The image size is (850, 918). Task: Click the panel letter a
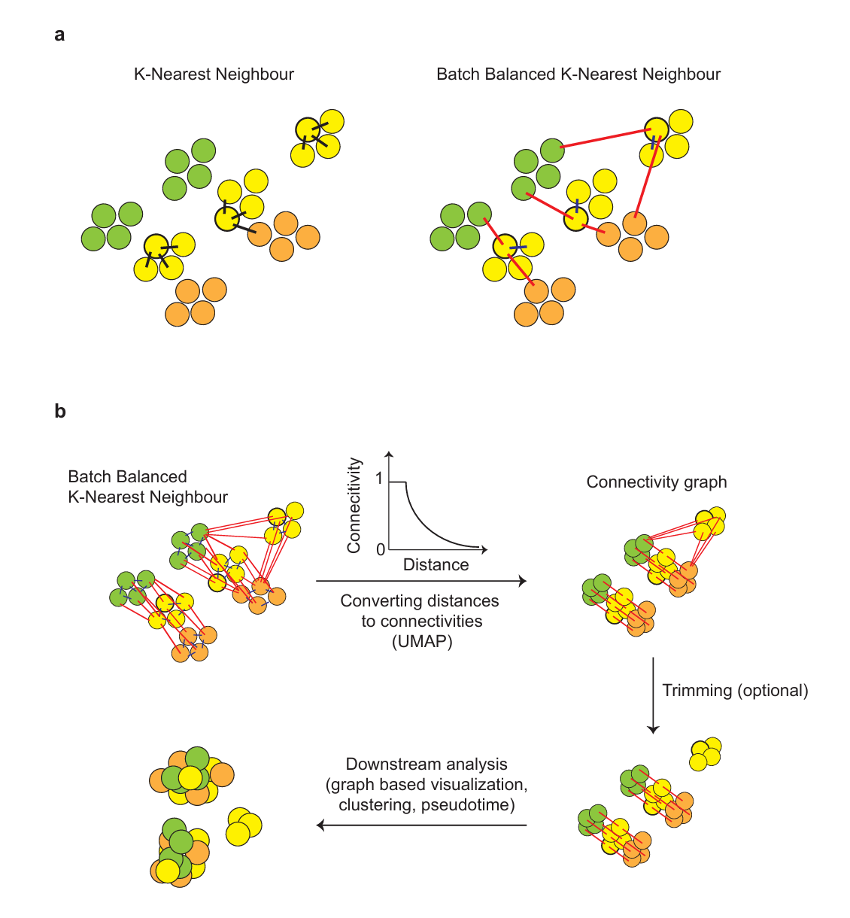tap(59, 35)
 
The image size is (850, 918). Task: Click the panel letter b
tap(60, 410)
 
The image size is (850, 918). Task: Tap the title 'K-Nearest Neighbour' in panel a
tap(214, 74)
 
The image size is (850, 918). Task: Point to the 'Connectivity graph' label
tap(657, 482)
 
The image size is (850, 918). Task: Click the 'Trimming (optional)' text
tap(736, 690)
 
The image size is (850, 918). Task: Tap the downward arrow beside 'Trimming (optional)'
tap(653, 695)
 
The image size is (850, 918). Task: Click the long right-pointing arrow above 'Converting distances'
tap(421, 581)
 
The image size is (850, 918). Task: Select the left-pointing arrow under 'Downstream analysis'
tap(421, 825)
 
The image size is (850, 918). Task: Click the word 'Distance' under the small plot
tap(436, 564)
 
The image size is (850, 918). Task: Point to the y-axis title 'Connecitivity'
tap(354, 505)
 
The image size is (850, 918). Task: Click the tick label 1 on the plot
tap(379, 479)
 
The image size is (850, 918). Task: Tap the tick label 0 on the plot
tap(381, 549)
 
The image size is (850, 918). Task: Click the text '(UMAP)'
tap(421, 642)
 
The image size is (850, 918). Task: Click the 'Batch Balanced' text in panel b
tap(128, 476)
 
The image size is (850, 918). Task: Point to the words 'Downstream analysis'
tap(427, 764)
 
